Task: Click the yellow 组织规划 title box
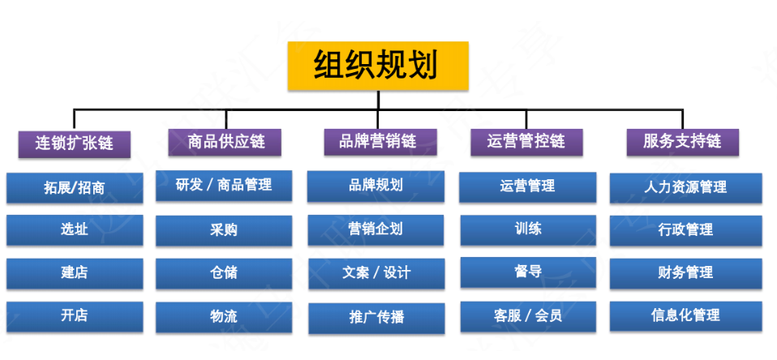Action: pos(378,66)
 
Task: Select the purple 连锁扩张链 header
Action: pos(75,144)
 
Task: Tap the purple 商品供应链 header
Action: pos(225,143)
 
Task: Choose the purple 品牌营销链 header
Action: pos(380,142)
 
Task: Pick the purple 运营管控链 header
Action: pos(526,142)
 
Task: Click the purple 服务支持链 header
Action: pos(683,142)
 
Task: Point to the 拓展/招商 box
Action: pos(75,187)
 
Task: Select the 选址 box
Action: pos(75,229)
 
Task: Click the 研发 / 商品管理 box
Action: pos(224,186)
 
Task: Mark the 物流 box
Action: pos(224,317)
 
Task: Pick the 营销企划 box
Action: pos(376,230)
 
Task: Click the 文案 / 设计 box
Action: pos(376,273)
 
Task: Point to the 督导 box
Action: pos(528,272)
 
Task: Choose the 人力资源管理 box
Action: pos(686,188)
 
